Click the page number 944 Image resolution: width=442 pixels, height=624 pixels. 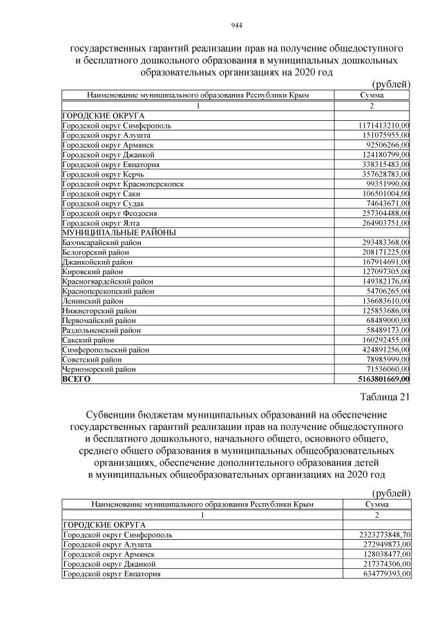pos(236,26)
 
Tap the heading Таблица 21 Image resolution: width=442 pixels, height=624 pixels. pos(385,396)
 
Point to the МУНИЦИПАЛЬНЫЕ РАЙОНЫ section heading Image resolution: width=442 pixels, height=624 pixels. pos(118,233)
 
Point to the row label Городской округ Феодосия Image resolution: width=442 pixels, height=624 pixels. pos(105,213)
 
